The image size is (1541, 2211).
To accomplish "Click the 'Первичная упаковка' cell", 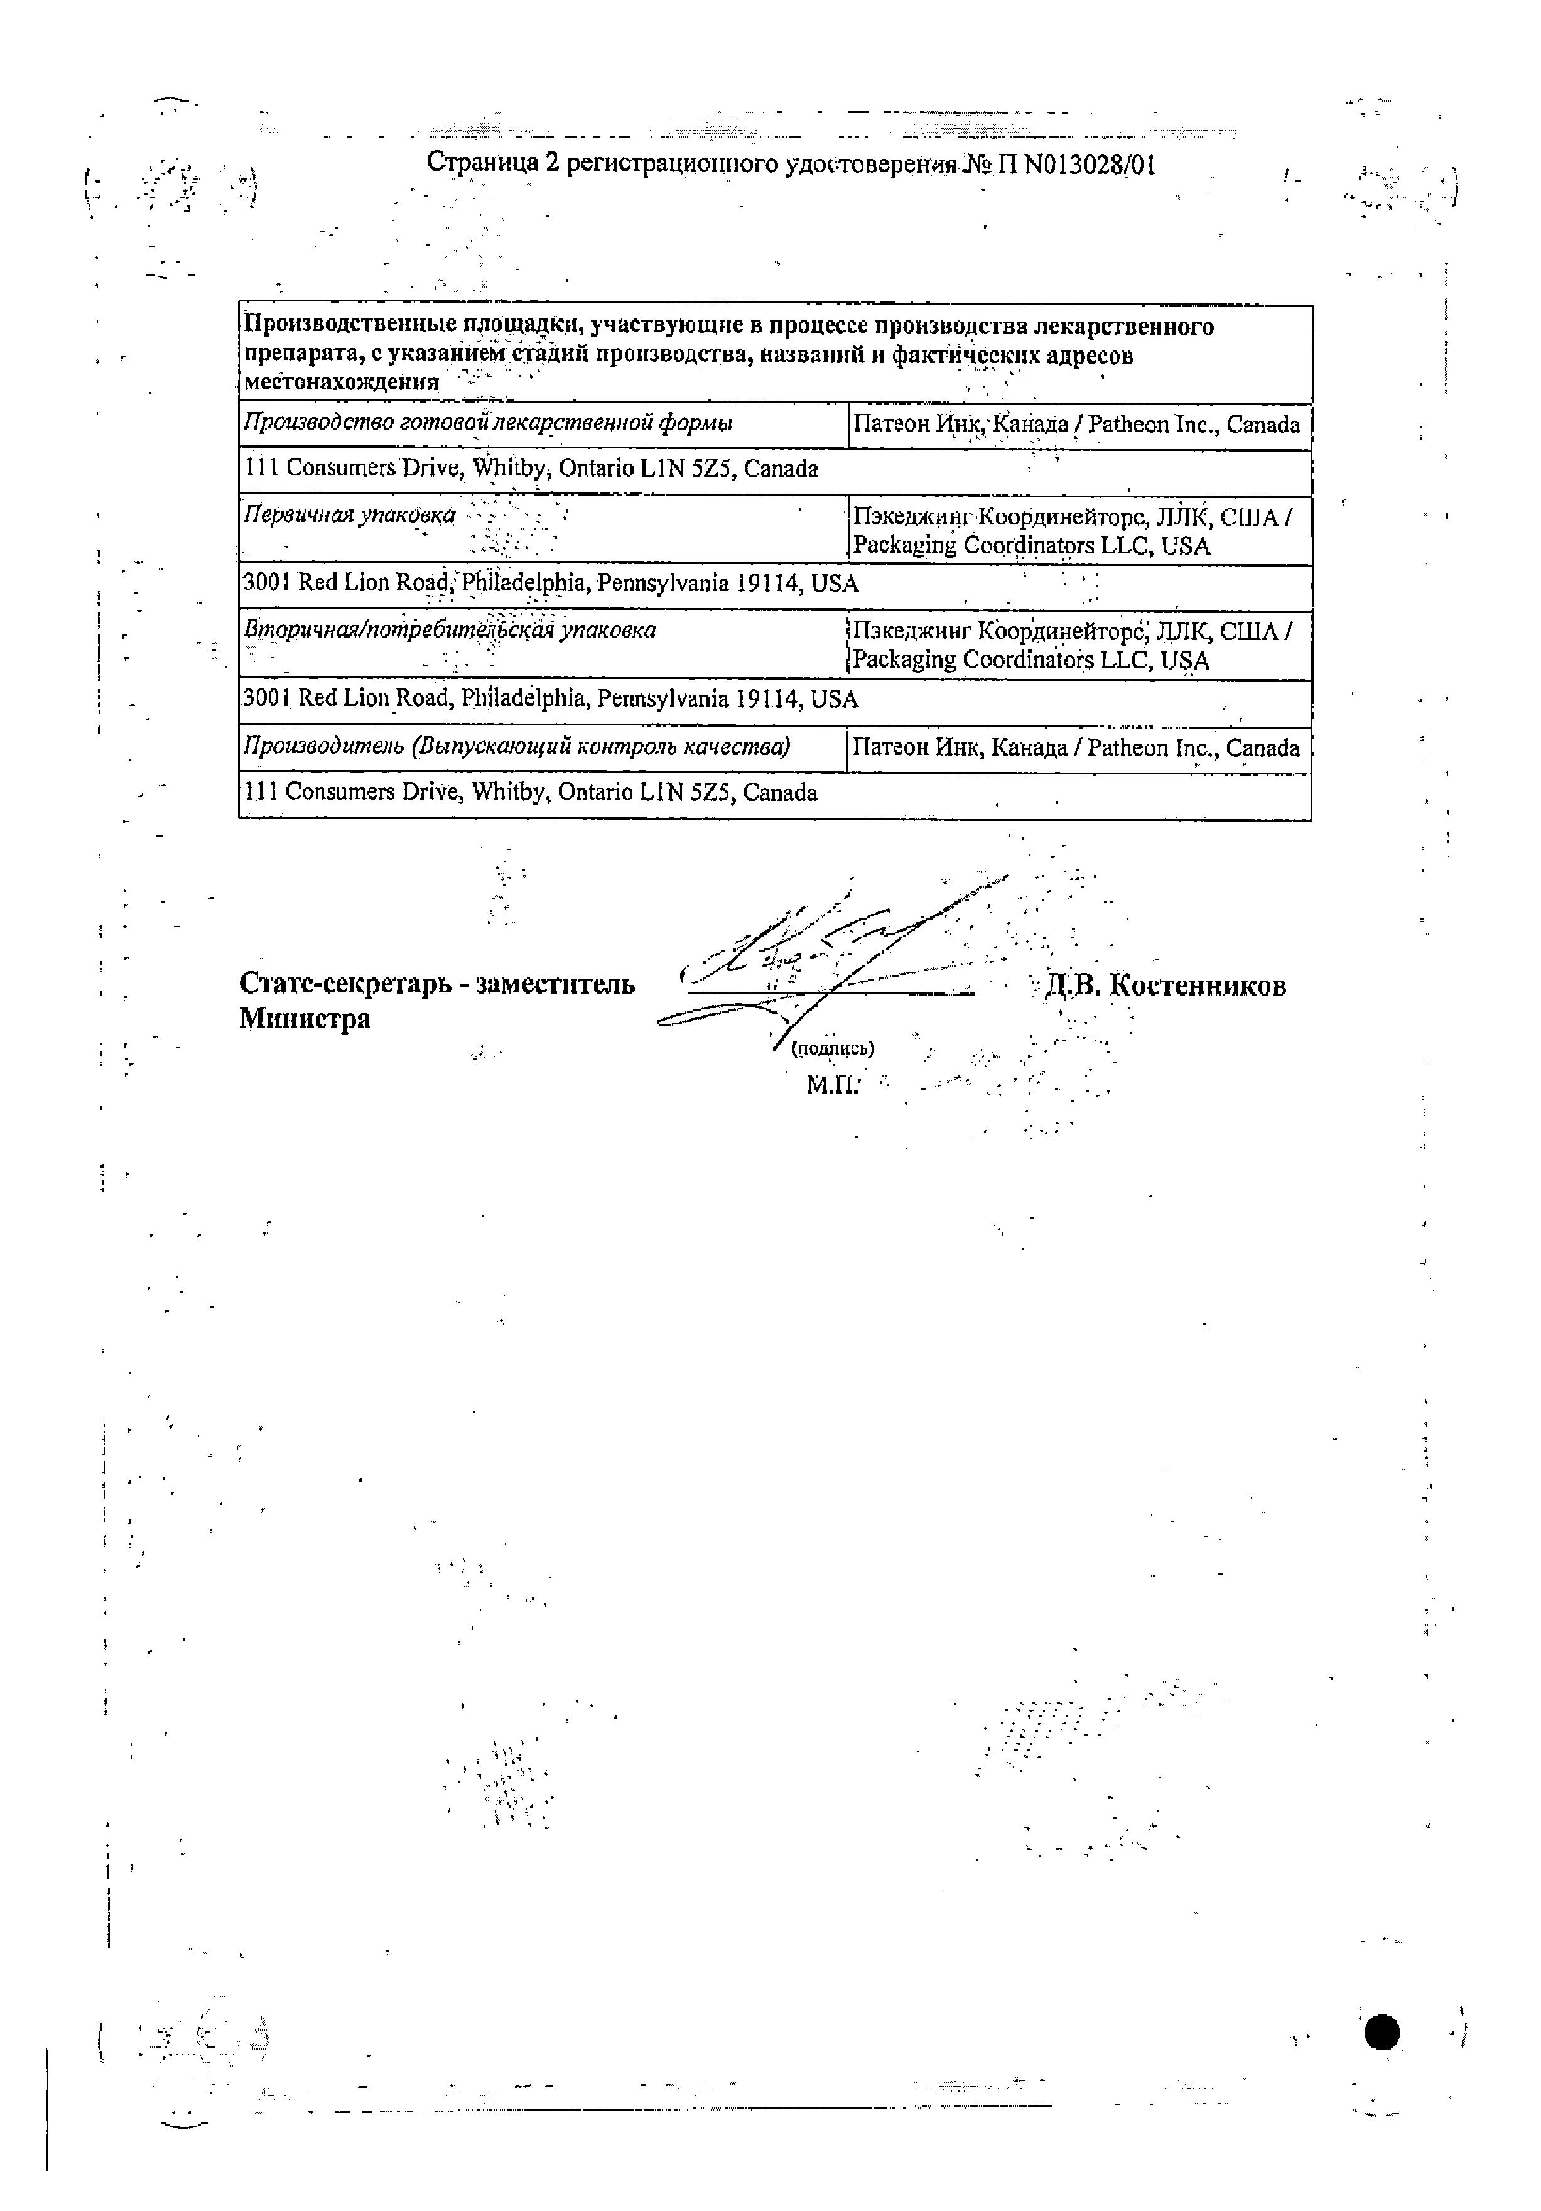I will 349,515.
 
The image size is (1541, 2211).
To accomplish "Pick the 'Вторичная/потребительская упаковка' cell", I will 450,630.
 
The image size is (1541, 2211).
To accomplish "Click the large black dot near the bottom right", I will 1382,2033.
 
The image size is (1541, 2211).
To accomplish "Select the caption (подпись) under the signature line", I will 831,1049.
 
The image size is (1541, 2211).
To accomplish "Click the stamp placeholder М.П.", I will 831,1086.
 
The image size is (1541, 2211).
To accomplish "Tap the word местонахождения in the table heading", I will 342,383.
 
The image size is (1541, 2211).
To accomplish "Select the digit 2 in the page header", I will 551,164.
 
